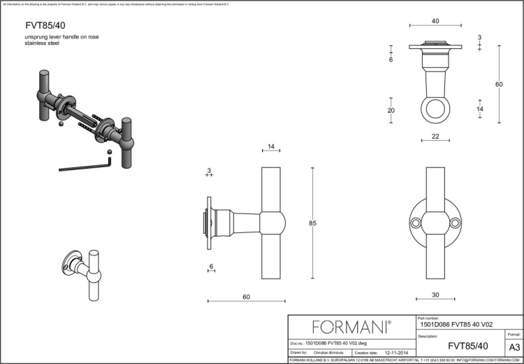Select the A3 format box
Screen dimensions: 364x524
tap(514, 346)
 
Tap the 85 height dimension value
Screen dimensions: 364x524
tap(313, 223)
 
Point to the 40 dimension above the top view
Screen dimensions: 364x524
tap(435, 22)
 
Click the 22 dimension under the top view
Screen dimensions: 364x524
tap(435, 136)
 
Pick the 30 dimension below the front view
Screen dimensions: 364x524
tap(435, 295)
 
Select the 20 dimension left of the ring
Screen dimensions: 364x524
tap(391, 110)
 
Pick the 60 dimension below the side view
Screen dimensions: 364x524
tap(247, 297)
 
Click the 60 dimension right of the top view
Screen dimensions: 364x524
tap(499, 84)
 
